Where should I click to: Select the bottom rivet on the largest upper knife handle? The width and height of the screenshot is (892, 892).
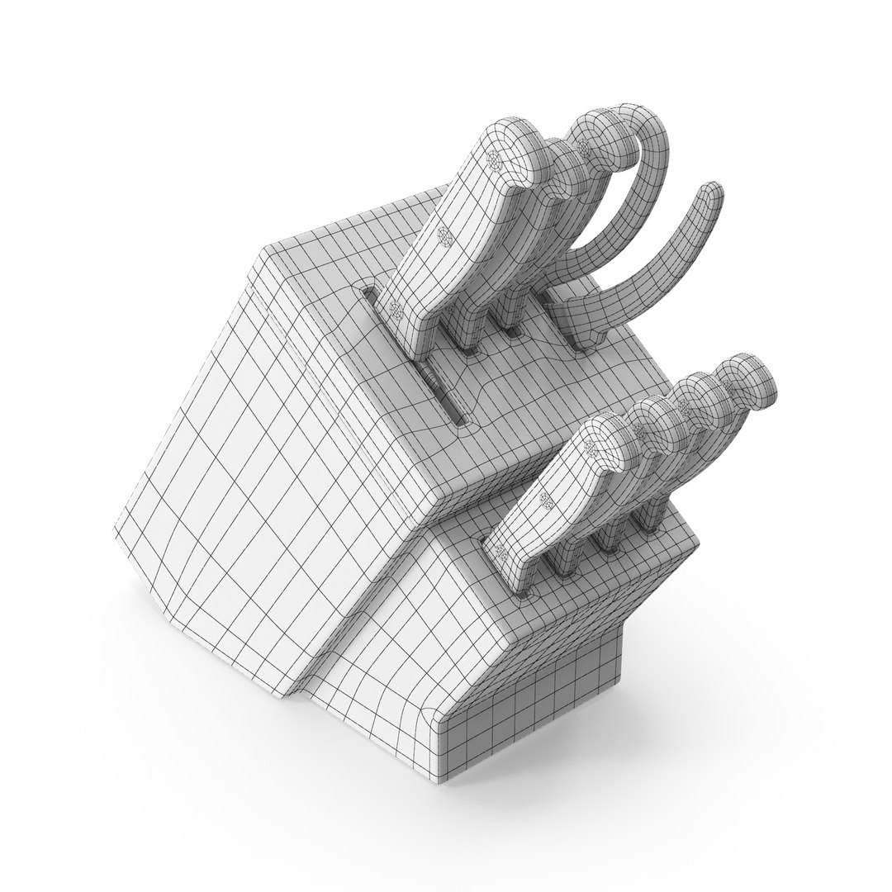(x=395, y=310)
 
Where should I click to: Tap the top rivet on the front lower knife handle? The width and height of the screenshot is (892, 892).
(x=590, y=447)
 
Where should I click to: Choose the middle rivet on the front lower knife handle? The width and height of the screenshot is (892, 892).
(x=545, y=500)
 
